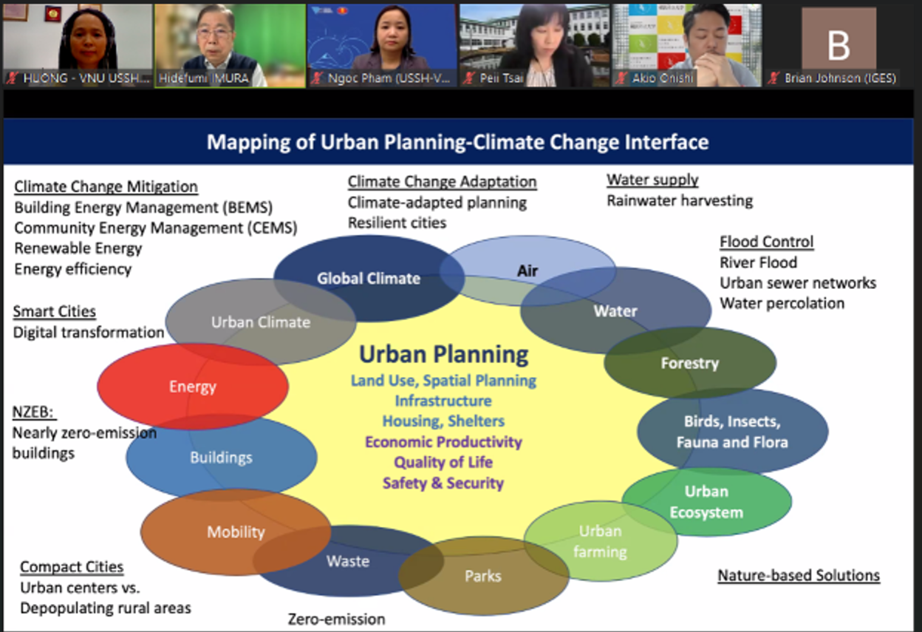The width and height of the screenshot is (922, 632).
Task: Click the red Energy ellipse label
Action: coord(193,387)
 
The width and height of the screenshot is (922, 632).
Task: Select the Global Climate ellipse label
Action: coord(369,279)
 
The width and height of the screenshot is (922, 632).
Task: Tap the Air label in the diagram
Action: coord(527,271)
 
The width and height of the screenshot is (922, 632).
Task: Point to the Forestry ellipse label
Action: coord(690,363)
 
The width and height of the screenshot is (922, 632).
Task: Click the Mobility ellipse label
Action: coord(236,532)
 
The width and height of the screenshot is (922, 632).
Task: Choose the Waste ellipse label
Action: coord(348,561)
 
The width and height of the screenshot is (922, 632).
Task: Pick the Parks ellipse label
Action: coord(483,576)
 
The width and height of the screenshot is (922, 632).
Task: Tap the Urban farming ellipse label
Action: coord(600,541)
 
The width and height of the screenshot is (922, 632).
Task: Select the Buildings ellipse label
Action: coord(221,458)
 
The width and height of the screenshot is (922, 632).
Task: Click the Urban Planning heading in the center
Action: coord(444,354)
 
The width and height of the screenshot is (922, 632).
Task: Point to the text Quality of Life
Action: coord(443,462)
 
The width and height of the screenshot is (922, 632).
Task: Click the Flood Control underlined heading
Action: coord(766,242)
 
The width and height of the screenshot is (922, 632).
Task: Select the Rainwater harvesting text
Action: coord(680,200)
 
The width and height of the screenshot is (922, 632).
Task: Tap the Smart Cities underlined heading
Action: coord(55,311)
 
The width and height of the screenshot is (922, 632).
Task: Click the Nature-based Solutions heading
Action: coord(799,575)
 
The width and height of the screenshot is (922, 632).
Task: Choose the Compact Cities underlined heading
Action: coord(72,567)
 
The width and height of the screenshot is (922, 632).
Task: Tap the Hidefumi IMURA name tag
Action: coord(204,78)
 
